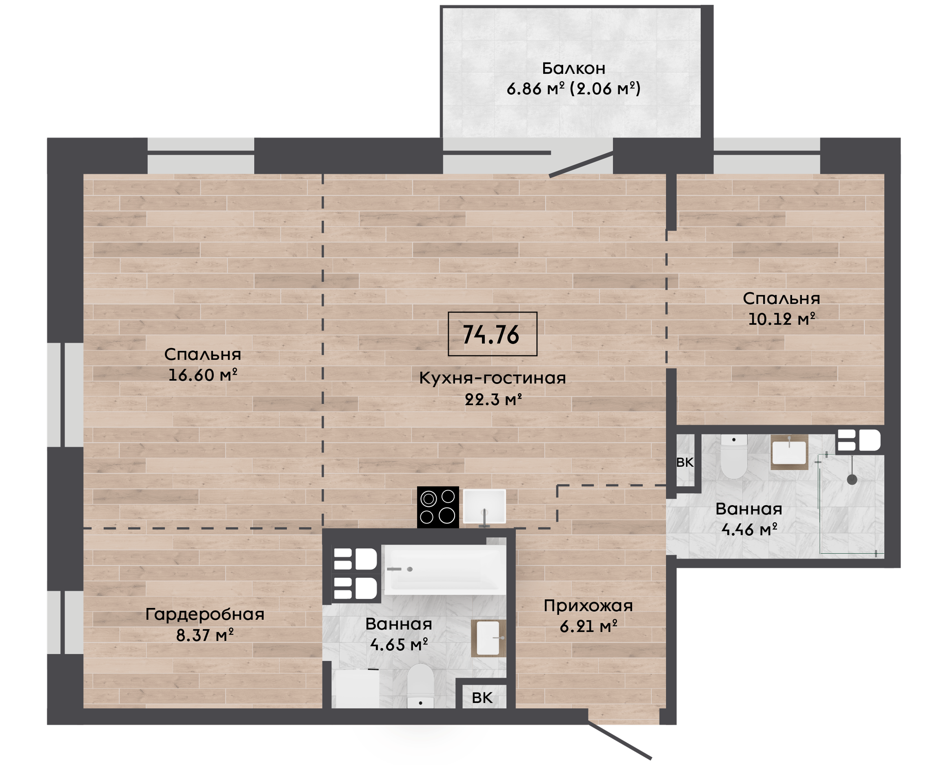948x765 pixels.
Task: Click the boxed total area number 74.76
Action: (x=491, y=335)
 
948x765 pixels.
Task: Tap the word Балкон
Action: (x=573, y=68)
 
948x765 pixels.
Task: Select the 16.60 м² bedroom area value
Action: (x=203, y=375)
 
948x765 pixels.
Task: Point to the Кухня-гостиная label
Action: (x=492, y=378)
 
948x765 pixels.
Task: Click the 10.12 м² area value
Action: (x=781, y=319)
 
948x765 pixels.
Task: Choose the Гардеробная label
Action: (x=205, y=614)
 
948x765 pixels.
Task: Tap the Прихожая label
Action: (x=588, y=606)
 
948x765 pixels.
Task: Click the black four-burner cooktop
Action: (x=438, y=507)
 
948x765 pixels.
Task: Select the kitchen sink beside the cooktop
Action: (x=484, y=507)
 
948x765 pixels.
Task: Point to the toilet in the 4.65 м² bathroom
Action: (x=420, y=686)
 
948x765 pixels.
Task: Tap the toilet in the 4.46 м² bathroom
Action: (x=733, y=456)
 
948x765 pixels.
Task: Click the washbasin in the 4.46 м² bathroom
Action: (x=789, y=452)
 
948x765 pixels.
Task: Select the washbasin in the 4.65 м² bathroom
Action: (x=488, y=638)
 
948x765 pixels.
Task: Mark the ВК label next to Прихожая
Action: (x=482, y=698)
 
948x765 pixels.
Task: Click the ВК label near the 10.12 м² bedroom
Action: (x=684, y=462)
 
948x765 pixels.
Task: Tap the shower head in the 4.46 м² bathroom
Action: (x=852, y=480)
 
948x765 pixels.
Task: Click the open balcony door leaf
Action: (x=581, y=164)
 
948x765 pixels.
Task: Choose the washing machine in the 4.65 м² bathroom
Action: (x=357, y=689)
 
